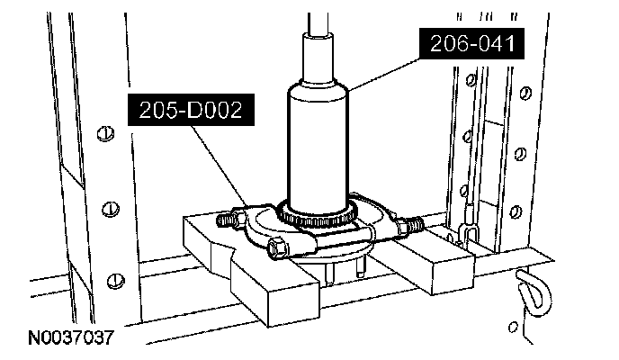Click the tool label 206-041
coord(469,41)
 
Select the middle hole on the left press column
coord(109,209)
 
